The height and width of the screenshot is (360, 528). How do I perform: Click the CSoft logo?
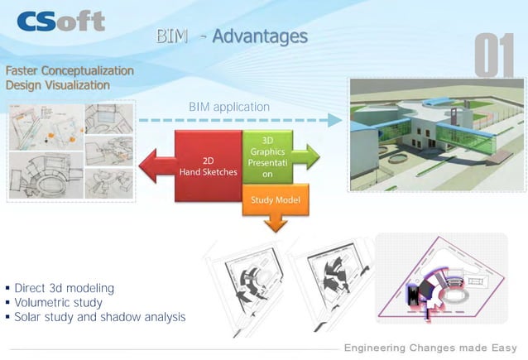click(62, 20)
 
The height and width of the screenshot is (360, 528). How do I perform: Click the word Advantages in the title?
click(259, 36)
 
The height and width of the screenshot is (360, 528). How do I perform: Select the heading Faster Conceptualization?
click(69, 70)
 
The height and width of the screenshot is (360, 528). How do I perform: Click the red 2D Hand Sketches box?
click(207, 166)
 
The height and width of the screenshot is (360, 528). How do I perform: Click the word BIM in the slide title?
click(174, 36)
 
